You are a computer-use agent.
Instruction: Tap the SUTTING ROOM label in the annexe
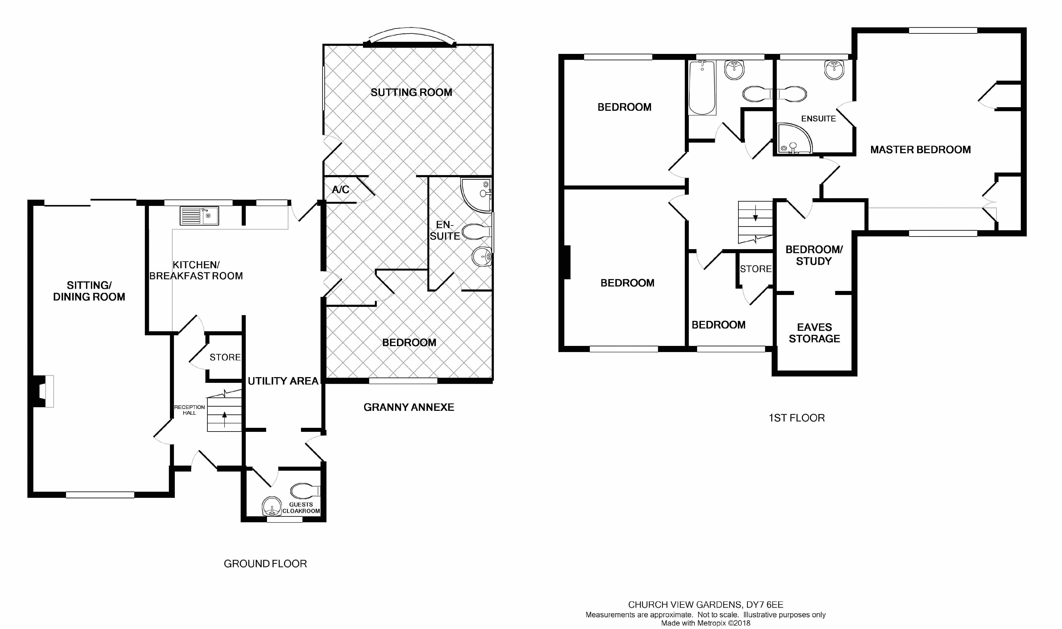[x=411, y=92]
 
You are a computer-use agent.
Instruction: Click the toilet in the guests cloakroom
[x=305, y=491]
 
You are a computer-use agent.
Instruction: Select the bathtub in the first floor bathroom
[x=702, y=88]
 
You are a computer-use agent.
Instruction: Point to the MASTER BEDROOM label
[x=920, y=150]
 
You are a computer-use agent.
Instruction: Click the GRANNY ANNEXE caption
[x=409, y=407]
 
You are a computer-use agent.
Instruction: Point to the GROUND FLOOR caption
[x=265, y=564]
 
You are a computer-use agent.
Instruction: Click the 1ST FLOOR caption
[x=796, y=418]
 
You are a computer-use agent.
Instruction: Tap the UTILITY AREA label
[x=283, y=381]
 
